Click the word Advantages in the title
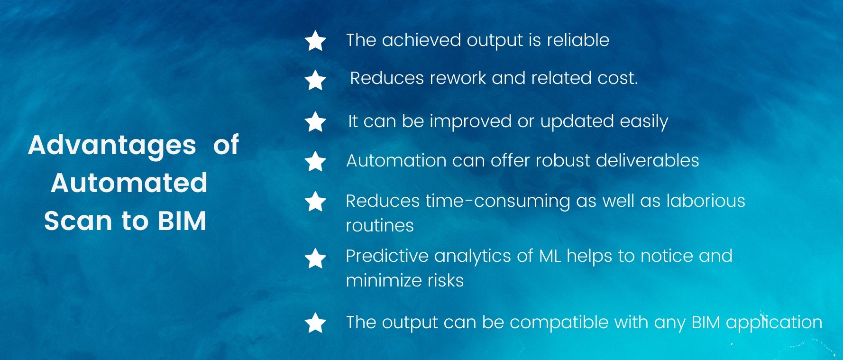tap(112, 146)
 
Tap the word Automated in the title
tap(129, 183)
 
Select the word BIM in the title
tap(182, 221)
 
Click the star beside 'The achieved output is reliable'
tap(315, 41)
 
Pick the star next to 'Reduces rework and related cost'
tap(315, 80)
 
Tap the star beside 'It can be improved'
tap(315, 121)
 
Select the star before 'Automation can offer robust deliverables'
tap(315, 161)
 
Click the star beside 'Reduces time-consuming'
tap(315, 201)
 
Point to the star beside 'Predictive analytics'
tap(315, 258)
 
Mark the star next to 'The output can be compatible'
tap(315, 323)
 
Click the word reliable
tap(578, 40)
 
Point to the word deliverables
tap(648, 160)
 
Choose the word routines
tap(380, 226)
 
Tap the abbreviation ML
tap(550, 256)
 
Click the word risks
tap(446, 280)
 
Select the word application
tap(774, 323)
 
